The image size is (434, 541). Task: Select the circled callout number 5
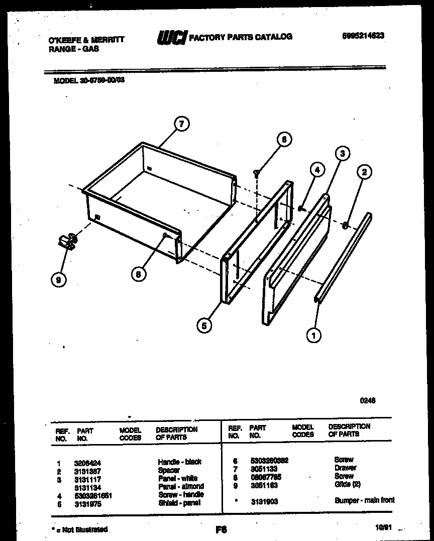pos(203,326)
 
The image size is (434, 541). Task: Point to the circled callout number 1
pos(314,335)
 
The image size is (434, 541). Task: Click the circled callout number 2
pos(364,172)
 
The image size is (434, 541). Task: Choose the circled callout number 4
pos(317,170)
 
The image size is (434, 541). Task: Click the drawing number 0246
pos(368,400)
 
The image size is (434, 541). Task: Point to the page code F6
pos(221,529)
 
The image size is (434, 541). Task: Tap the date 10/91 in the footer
pos(382,527)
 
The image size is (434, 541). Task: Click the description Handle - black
pos(179,462)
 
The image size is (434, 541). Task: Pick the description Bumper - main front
pos(365,500)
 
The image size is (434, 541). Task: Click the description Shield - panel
pos(179,503)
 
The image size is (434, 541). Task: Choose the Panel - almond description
pos(181,486)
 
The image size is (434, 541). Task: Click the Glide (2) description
pos(347,484)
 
